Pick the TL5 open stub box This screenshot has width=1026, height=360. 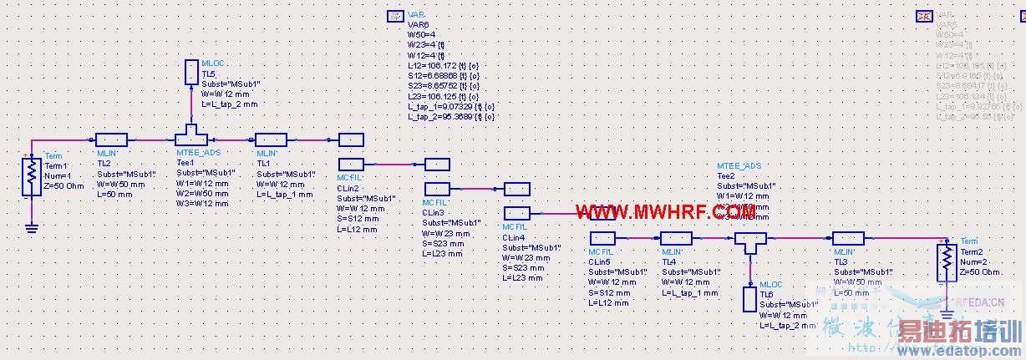pos(191,71)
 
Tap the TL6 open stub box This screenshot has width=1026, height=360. pos(749,298)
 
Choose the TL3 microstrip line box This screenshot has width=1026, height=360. pos(848,239)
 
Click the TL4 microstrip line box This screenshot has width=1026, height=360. pos(676,239)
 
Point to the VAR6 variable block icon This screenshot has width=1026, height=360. pos(395,16)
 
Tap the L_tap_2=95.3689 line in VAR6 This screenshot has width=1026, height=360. pos(450,117)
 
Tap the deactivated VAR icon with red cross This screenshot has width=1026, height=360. pos(924,15)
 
